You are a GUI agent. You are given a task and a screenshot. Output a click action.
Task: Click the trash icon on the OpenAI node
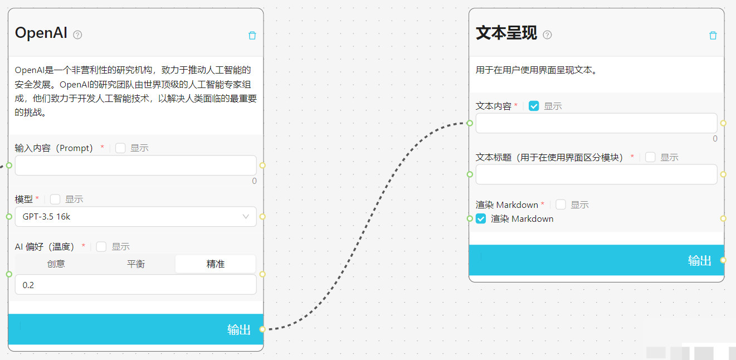252,36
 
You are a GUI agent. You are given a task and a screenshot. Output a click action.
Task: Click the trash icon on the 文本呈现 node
713,36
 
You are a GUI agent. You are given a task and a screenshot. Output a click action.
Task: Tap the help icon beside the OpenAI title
77,35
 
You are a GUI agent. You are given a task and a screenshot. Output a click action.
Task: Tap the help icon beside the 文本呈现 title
547,35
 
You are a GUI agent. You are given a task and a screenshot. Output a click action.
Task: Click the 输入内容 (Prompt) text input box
135,166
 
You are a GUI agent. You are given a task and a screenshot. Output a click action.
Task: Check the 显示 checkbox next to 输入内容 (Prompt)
120,148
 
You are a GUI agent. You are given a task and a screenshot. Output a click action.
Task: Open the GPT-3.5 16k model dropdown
135,217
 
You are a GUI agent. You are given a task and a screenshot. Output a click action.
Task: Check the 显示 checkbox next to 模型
55,200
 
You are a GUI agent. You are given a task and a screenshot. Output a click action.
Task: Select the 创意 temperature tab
56,264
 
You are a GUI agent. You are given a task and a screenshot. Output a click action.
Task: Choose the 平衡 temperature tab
135,264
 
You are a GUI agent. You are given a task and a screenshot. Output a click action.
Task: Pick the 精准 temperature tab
215,264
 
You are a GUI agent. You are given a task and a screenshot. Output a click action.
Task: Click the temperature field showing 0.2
135,285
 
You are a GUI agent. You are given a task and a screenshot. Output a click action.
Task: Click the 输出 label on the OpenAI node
238,330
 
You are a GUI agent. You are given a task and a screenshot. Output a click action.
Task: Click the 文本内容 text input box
596,123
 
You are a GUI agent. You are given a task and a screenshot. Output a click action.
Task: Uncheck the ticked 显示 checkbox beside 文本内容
534,106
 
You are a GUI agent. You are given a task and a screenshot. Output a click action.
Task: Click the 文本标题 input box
596,174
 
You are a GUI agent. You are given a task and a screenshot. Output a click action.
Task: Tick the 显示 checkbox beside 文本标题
650,157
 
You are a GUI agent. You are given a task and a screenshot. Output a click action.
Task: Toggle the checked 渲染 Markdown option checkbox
481,219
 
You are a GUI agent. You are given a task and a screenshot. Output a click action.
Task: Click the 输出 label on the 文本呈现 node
699,261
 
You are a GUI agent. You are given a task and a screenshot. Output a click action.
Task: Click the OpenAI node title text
41,33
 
